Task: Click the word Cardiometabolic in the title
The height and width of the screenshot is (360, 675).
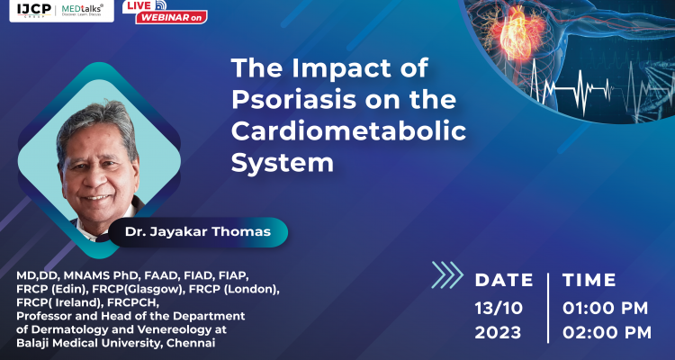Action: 349,131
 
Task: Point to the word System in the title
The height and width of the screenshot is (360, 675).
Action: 283,164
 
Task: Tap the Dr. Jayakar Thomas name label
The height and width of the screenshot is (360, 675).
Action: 198,232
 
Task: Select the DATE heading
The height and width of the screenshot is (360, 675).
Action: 504,280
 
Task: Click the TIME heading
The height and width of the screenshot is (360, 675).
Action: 589,280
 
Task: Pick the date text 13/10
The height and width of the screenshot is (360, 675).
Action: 498,308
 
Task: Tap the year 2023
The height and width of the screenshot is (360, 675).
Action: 498,332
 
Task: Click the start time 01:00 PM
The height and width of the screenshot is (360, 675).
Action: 606,308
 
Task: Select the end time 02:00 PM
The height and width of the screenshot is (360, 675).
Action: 606,332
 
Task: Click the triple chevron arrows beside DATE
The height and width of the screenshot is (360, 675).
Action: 447,274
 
